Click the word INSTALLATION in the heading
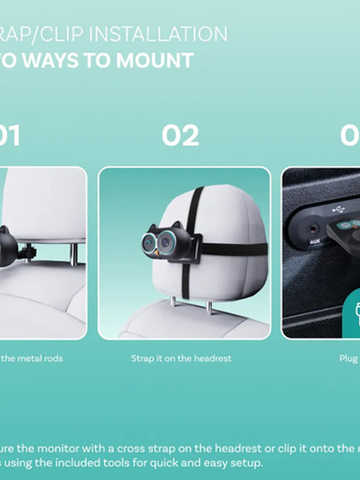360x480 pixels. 158,34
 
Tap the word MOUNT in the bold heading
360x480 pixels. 154,60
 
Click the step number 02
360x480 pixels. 180,136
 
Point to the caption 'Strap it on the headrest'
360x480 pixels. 181,359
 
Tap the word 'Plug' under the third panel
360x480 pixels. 349,359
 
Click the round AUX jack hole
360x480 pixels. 313,229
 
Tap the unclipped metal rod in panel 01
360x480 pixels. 74,254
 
